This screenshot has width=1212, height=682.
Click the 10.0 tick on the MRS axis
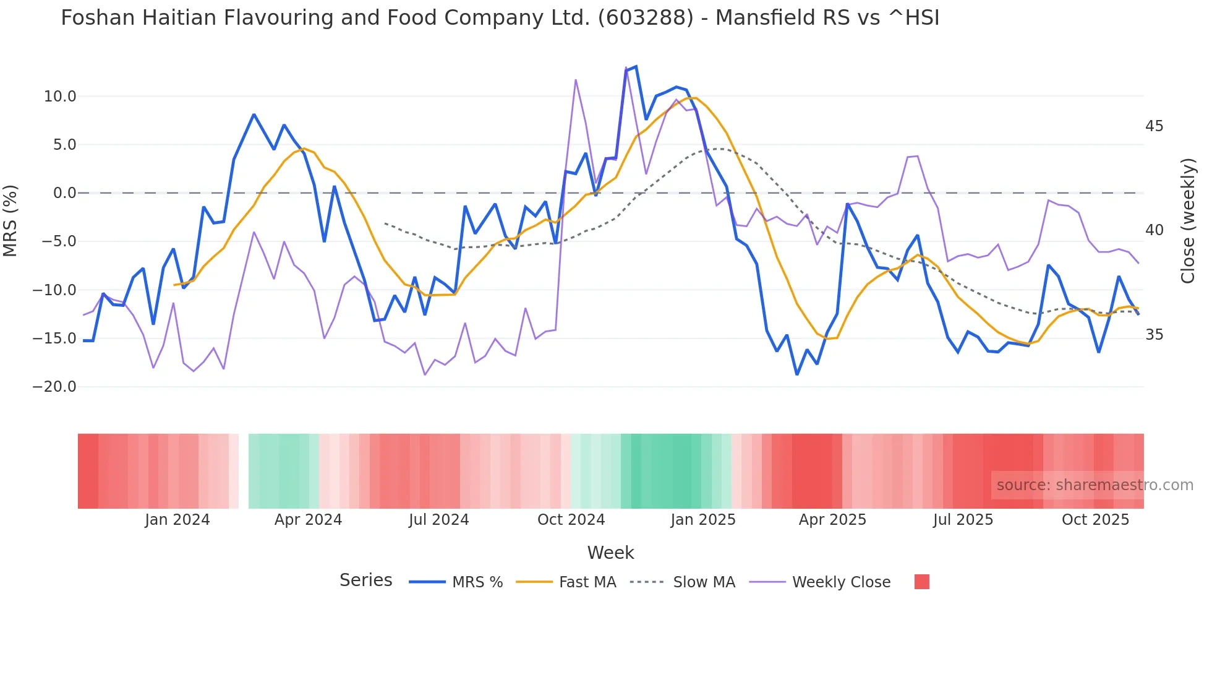60,97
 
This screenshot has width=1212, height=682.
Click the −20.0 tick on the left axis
54,387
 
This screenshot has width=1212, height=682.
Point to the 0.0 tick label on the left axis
64,193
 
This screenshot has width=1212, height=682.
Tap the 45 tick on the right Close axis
1154,126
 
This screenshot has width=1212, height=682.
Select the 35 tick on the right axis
1154,335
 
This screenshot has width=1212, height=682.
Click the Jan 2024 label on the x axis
177,520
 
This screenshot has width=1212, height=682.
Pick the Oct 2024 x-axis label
571,520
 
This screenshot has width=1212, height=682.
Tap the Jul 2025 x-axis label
963,520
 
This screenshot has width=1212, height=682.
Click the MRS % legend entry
477,582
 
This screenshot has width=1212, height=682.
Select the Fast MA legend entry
587,582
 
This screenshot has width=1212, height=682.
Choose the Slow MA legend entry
704,582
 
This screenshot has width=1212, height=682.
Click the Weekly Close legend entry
841,582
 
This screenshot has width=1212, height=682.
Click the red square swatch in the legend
921,582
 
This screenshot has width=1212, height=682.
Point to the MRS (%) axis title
11,221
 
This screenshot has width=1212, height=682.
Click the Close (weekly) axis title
1187,221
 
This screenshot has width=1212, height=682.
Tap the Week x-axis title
610,553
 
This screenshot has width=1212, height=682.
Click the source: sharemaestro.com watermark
1095,485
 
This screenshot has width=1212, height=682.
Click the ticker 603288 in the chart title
646,18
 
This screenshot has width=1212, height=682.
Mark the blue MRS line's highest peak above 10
636,67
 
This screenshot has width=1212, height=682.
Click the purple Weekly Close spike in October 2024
576,80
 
